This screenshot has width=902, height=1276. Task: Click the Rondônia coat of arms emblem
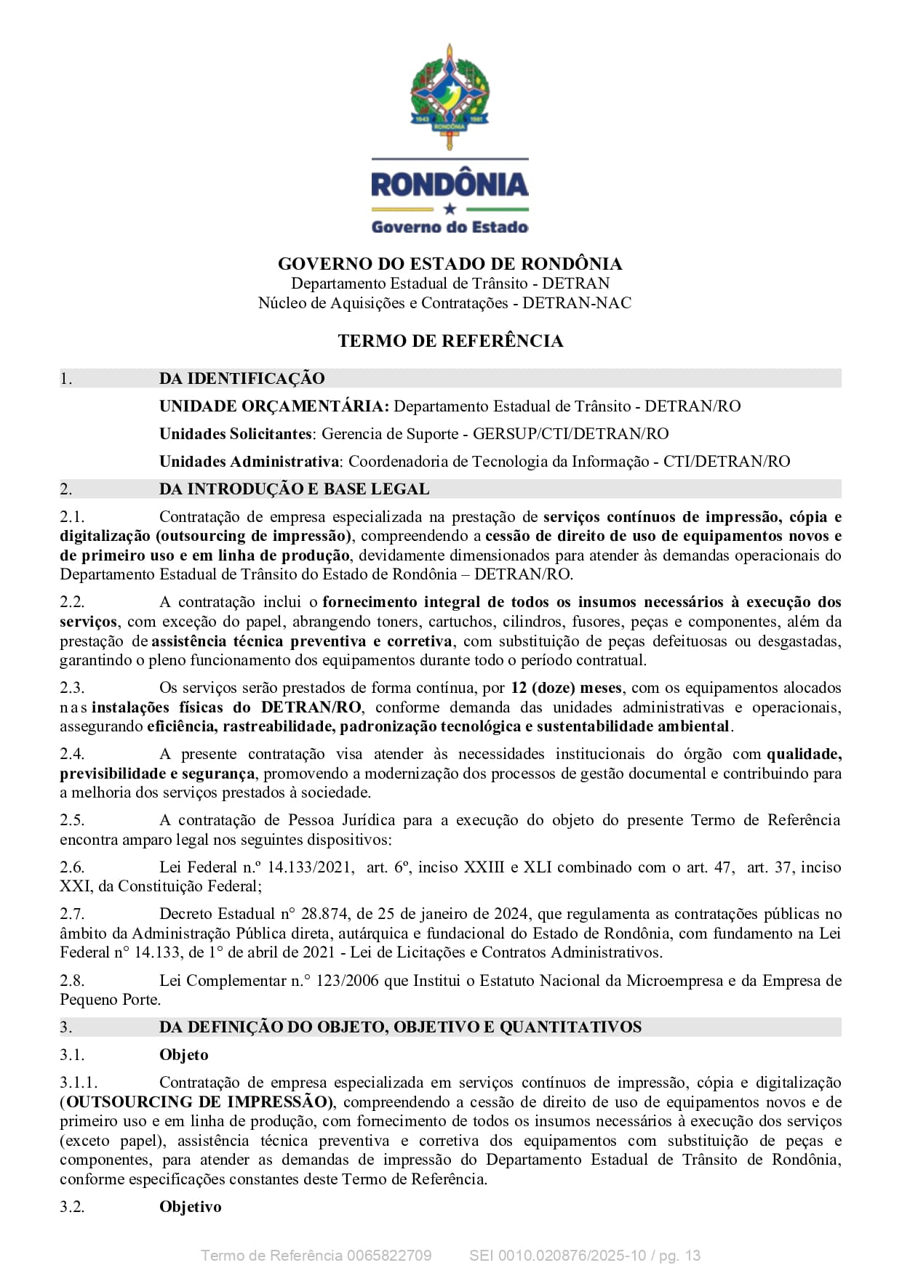click(450, 96)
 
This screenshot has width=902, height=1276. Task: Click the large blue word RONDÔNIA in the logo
click(450, 185)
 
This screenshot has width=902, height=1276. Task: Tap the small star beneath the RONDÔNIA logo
click(450, 209)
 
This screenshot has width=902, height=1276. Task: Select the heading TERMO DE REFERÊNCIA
click(450, 341)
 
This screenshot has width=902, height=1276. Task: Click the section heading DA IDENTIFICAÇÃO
click(242, 378)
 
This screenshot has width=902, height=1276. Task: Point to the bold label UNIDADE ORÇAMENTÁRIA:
click(274, 406)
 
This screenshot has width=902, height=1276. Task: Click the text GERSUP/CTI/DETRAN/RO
click(570, 433)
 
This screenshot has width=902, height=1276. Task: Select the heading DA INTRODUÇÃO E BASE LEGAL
click(294, 489)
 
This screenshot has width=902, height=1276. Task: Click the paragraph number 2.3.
click(72, 688)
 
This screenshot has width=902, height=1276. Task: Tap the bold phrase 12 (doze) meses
click(566, 688)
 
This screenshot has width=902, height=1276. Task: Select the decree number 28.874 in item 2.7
click(324, 914)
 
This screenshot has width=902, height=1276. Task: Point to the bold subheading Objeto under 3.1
click(183, 1055)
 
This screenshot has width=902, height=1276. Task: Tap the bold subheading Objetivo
click(190, 1207)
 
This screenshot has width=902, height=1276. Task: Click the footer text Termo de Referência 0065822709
click(316, 1256)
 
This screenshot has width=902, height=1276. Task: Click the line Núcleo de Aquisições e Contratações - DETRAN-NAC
click(444, 303)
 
